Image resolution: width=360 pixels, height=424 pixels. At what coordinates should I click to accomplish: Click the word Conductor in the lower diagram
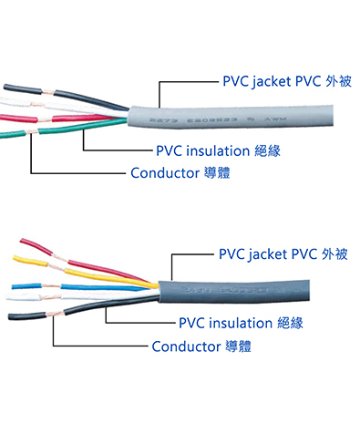point(186,346)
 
